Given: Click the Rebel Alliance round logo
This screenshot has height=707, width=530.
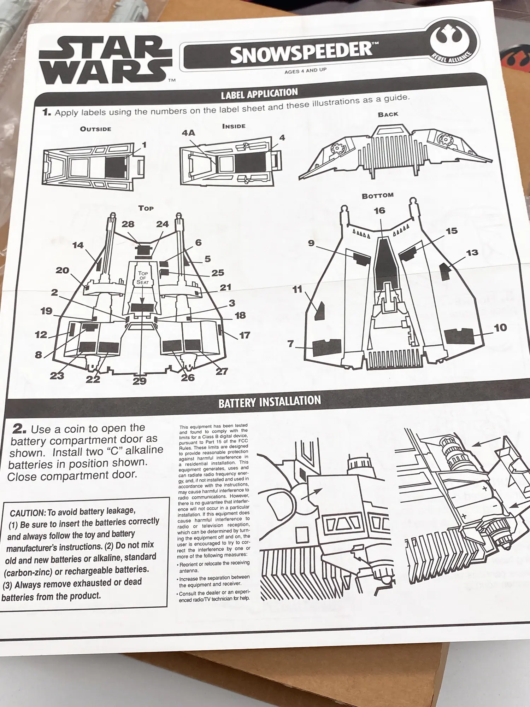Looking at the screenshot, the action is (x=454, y=41).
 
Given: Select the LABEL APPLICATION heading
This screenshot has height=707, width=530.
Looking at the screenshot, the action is (x=259, y=94).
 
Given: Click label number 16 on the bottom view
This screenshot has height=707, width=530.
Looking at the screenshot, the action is (x=379, y=211).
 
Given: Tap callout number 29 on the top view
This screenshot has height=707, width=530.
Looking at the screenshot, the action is (x=140, y=381).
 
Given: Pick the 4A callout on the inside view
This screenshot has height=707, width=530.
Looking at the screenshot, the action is (x=188, y=133).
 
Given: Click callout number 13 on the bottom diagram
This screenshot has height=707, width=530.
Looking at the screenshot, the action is (x=472, y=253).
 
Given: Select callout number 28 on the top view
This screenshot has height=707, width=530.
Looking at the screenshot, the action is (x=128, y=224).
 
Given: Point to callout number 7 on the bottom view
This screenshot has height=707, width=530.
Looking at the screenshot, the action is (x=291, y=344).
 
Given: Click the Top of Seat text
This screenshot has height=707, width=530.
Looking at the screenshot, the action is (x=143, y=278).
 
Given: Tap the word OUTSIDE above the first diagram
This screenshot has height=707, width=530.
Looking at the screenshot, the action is (x=95, y=129).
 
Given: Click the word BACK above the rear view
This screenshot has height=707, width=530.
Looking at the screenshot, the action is (x=388, y=115).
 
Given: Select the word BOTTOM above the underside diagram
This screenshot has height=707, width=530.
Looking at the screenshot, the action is (x=377, y=195).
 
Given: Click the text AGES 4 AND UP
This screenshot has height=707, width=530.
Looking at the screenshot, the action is (x=305, y=71).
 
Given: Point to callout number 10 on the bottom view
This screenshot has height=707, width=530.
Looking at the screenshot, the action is (x=500, y=328).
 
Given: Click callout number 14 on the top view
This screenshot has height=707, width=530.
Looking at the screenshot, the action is (x=78, y=245).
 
